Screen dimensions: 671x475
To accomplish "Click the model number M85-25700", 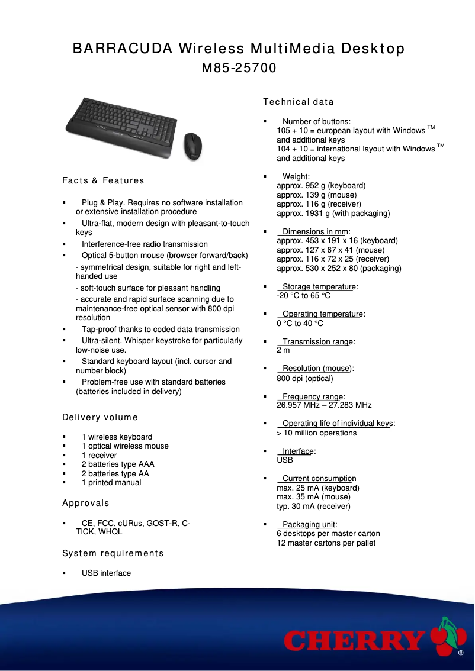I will click(x=239, y=68).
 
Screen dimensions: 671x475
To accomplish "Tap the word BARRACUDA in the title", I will click(x=121, y=49).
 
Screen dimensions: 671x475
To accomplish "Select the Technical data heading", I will click(x=298, y=102).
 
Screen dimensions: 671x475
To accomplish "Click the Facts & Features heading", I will click(x=103, y=180).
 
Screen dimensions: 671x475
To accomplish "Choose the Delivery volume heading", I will click(x=100, y=418).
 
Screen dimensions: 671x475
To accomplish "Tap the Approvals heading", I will click(x=86, y=504).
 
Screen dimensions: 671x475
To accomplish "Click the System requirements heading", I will click(x=113, y=554).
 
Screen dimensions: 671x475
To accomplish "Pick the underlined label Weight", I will click(x=295, y=176).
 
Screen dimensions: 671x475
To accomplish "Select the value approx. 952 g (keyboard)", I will click(x=321, y=186).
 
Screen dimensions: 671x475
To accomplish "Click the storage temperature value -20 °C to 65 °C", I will click(x=303, y=295).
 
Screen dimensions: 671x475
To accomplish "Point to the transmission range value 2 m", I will click(x=283, y=350).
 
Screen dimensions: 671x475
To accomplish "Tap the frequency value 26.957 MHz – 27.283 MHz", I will click(x=324, y=405).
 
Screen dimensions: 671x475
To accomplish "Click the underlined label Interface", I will click(x=298, y=451).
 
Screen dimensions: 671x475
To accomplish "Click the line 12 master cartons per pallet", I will click(x=326, y=543).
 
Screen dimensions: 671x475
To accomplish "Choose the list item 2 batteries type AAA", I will click(x=118, y=464).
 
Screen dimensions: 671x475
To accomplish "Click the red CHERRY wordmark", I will click(x=354, y=641).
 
